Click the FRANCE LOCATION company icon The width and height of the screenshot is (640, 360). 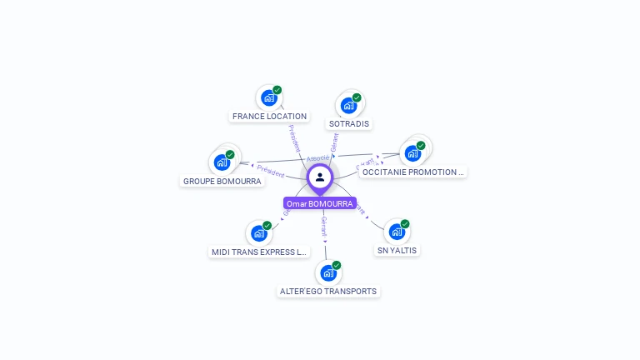click(x=269, y=98)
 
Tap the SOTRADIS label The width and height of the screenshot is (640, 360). click(x=349, y=124)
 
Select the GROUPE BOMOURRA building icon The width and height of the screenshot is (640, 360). click(x=222, y=162)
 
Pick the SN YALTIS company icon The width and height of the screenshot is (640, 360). click(x=397, y=232)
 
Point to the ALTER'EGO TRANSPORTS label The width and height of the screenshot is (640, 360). click(x=327, y=292)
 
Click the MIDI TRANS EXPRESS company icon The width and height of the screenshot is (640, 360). click(x=259, y=233)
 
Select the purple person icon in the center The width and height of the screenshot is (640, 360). click(x=320, y=177)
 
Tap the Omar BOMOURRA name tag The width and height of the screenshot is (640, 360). click(x=320, y=203)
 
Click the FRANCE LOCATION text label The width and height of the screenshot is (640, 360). click(x=269, y=117)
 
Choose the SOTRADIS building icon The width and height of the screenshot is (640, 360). click(x=348, y=106)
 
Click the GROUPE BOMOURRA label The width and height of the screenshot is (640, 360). click(x=222, y=182)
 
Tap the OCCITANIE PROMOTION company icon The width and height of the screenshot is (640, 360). click(x=412, y=153)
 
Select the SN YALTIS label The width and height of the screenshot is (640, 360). click(x=397, y=251)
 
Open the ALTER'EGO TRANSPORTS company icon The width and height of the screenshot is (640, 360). click(x=328, y=272)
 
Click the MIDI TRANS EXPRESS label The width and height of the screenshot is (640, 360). click(x=259, y=252)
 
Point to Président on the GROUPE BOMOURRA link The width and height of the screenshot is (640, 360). click(x=271, y=170)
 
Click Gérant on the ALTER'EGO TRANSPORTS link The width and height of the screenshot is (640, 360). click(x=324, y=226)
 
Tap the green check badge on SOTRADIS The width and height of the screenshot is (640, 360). click(x=357, y=97)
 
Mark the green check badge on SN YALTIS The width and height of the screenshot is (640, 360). click(x=405, y=223)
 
